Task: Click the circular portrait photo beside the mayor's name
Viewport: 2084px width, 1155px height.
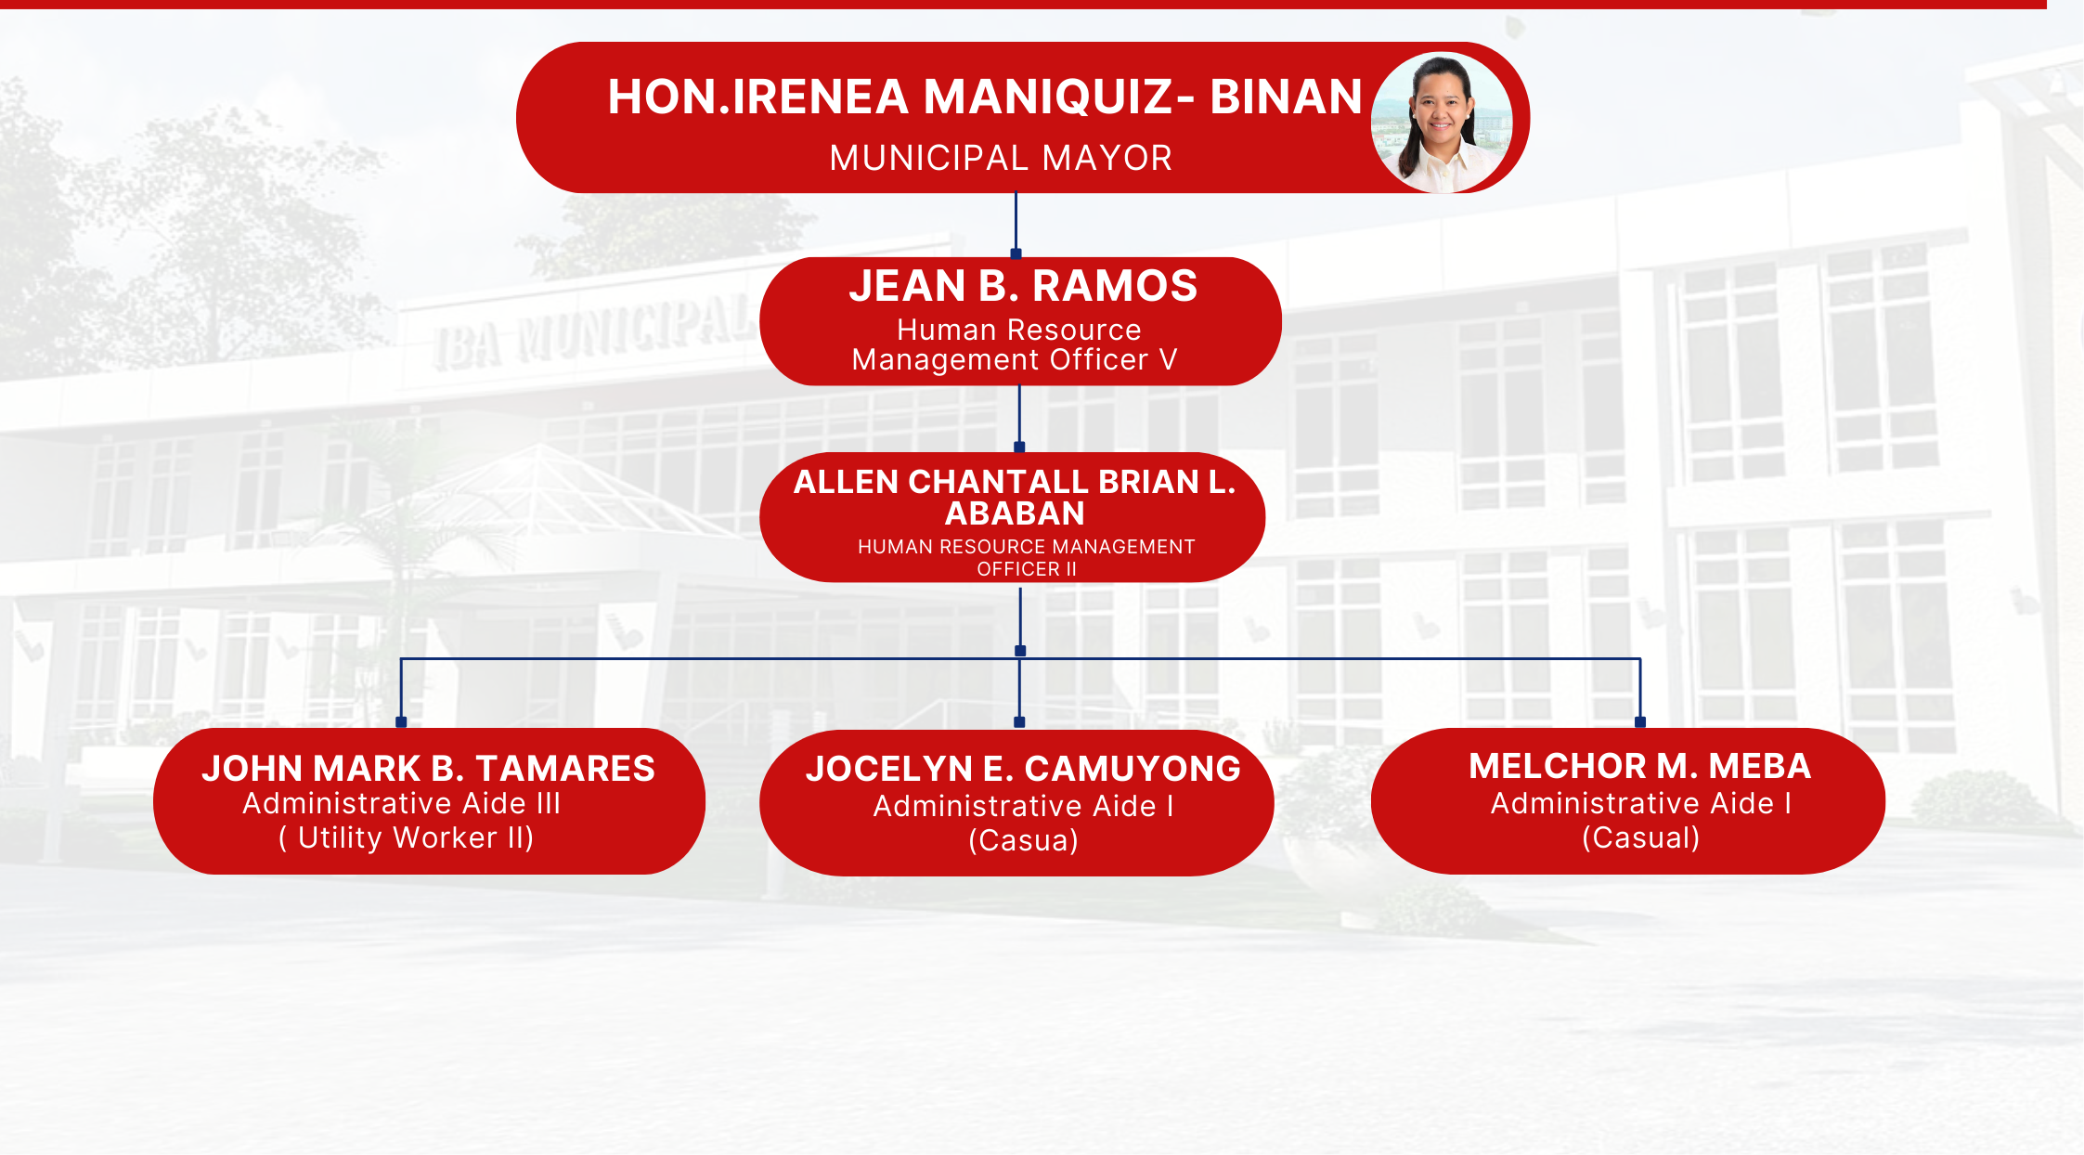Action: (x=1442, y=122)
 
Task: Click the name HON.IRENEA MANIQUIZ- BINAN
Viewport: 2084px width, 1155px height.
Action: (x=985, y=97)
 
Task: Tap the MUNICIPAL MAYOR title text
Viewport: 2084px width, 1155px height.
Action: (x=1001, y=158)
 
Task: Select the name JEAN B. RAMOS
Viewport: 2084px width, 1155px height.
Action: (x=1023, y=285)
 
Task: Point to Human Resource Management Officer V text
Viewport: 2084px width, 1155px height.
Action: (x=1016, y=344)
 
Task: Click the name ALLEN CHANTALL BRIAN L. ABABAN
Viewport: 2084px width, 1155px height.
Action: (x=1015, y=497)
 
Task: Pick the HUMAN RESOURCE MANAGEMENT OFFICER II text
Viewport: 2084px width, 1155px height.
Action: (x=1026, y=558)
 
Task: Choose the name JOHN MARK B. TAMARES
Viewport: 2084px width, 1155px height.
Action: (x=428, y=769)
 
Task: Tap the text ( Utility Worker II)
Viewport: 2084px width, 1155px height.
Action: (x=407, y=838)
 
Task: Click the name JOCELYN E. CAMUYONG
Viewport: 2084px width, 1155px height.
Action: (x=1023, y=769)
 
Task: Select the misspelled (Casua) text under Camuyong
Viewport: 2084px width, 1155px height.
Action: (x=1023, y=841)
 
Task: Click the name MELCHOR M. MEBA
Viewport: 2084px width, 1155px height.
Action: (x=1639, y=766)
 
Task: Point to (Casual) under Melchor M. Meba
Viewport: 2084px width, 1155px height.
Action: (x=1640, y=838)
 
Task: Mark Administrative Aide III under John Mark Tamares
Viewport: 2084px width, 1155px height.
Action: (x=402, y=803)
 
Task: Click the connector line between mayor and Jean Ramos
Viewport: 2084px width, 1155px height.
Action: (x=1016, y=223)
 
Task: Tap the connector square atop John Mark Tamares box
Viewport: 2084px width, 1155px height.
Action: (x=401, y=721)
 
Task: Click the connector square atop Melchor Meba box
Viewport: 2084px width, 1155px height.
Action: (x=1640, y=721)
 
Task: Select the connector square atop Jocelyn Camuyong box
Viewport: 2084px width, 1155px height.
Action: (x=1019, y=721)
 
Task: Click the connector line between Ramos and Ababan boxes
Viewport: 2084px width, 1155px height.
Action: (x=1019, y=417)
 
